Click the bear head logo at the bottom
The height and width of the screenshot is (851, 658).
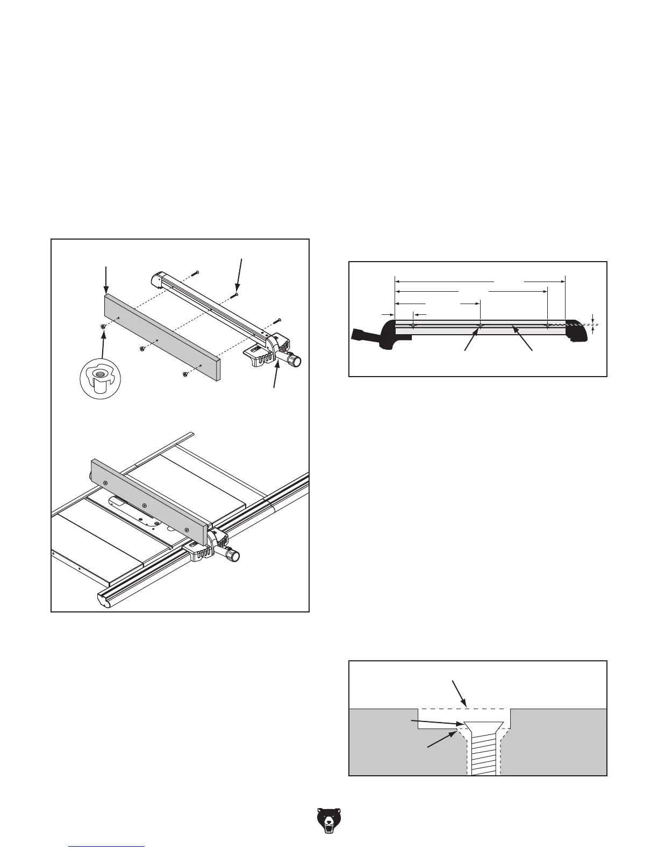328,821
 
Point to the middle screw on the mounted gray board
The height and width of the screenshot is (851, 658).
145,506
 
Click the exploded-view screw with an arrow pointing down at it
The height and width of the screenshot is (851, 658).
235,295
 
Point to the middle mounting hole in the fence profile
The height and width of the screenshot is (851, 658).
481,326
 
